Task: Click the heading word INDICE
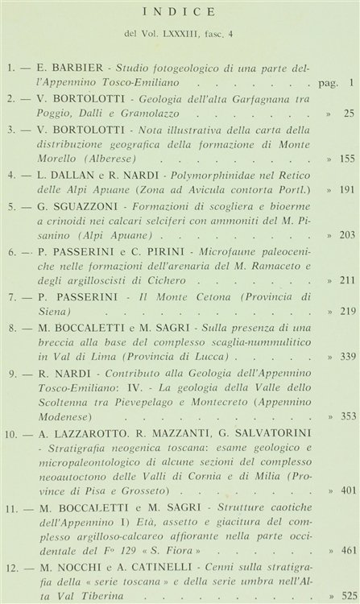pos(180,12)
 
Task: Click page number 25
pos(348,114)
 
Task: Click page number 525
pos(346,597)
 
